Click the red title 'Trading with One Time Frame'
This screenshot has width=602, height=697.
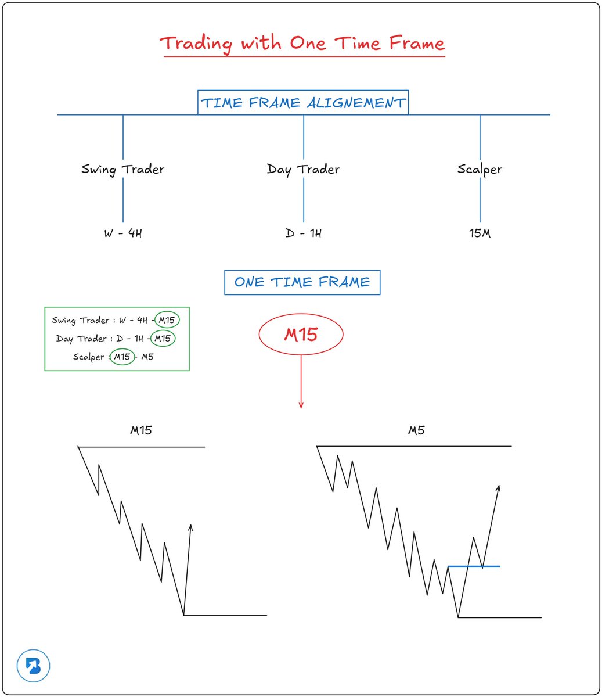(x=302, y=44)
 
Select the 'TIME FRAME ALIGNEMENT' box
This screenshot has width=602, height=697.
(x=302, y=103)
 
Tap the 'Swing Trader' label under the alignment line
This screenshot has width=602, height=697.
(x=122, y=169)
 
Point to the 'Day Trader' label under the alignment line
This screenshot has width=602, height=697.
(x=303, y=169)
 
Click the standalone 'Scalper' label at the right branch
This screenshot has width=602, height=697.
(x=480, y=169)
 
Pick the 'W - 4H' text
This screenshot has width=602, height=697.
(x=122, y=233)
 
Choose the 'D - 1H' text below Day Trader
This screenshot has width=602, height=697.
(x=303, y=233)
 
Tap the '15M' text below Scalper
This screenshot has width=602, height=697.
(x=480, y=233)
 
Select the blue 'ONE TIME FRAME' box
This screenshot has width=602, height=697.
(x=302, y=282)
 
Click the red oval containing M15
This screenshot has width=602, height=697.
(x=301, y=334)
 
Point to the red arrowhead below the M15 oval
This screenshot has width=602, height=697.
(x=301, y=405)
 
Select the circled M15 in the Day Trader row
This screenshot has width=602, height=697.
(x=163, y=338)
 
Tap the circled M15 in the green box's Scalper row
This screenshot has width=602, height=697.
(x=122, y=357)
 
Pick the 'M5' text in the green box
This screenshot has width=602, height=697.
(x=147, y=357)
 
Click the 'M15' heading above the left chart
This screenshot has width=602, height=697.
(x=141, y=430)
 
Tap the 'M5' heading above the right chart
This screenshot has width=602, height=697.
(x=416, y=430)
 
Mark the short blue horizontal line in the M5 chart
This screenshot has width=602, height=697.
(x=474, y=566)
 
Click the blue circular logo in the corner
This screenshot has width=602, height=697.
(x=33, y=666)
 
